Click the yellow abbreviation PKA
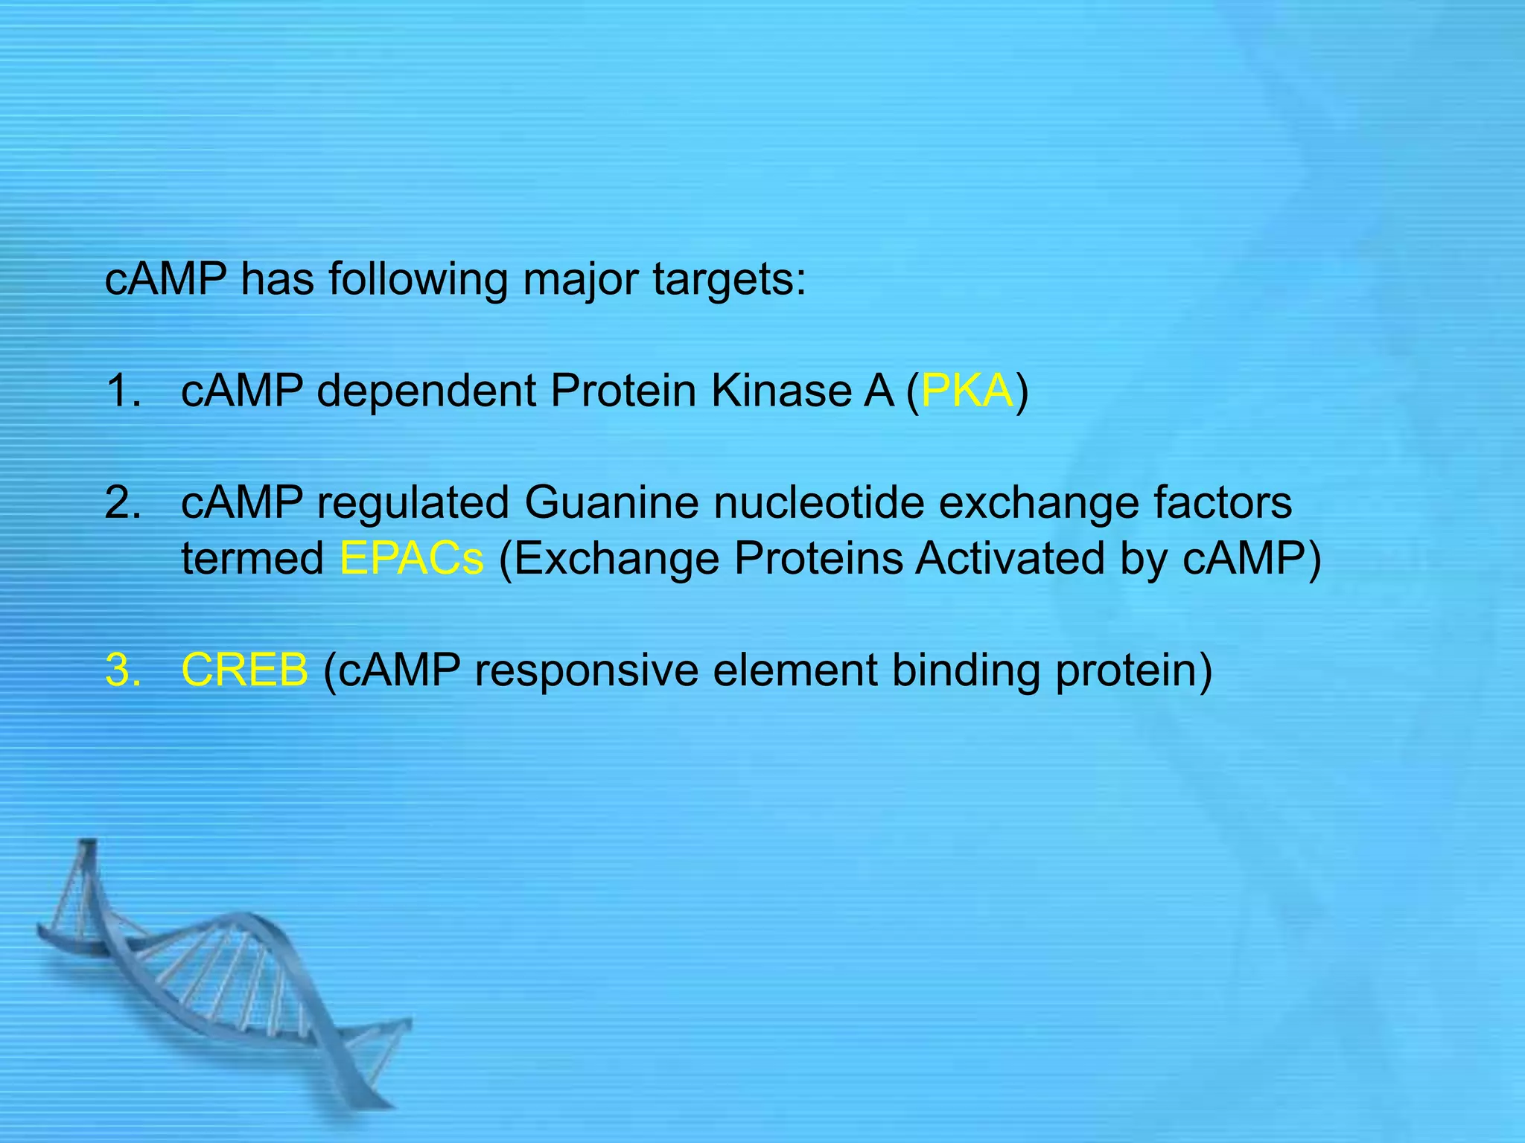(x=967, y=391)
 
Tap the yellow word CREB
(x=244, y=670)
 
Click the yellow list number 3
(x=123, y=670)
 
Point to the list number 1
(x=123, y=391)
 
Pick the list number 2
(x=123, y=502)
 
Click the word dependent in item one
(x=426, y=392)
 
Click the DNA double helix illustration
(x=223, y=982)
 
